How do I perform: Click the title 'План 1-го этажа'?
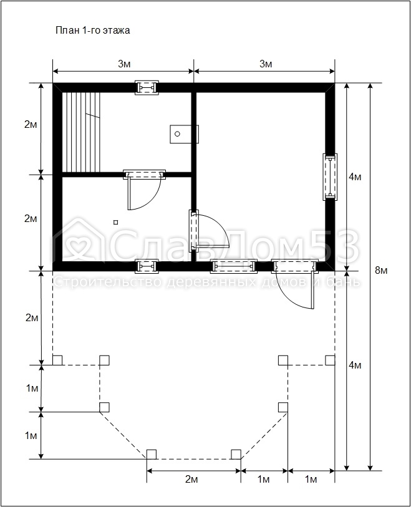pos(93,31)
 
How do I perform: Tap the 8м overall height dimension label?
pos(381,270)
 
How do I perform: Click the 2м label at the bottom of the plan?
pos(191,479)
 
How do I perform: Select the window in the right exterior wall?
pos(330,176)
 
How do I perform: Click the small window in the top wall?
pos(147,88)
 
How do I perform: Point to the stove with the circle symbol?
pos(184,134)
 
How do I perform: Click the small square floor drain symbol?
pos(116,222)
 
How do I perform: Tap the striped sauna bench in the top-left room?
pos(82,133)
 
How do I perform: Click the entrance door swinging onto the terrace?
pos(294,283)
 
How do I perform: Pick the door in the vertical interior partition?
pos(209,230)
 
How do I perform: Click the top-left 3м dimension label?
pos(124,64)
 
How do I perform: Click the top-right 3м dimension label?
pos(266,64)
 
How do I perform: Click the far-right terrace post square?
pos(330,360)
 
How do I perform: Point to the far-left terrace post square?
pos(57,360)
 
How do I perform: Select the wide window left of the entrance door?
pos(234,266)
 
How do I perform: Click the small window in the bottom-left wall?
pos(147,266)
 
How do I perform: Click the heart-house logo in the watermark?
pos(77,243)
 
